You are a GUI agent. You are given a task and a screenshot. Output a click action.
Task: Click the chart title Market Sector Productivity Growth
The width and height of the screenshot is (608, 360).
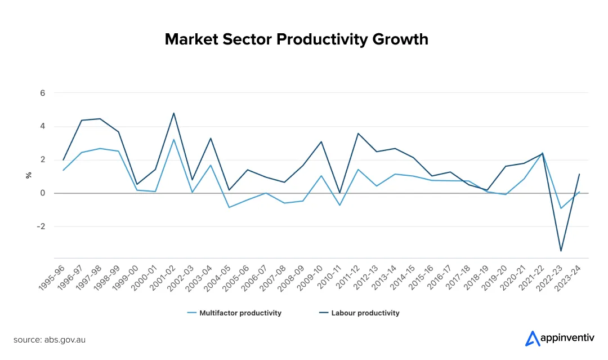[x=296, y=39]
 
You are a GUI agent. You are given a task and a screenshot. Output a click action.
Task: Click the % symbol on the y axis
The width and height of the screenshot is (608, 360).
[x=28, y=176]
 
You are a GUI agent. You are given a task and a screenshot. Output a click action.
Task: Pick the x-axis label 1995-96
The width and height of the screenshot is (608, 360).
[x=52, y=276]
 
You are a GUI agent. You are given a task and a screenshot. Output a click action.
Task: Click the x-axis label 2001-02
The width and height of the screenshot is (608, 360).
[x=163, y=276]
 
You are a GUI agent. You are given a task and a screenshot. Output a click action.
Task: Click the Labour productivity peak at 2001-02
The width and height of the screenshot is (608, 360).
[x=173, y=113]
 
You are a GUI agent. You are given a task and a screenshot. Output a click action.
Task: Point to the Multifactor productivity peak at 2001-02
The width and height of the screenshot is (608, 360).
[x=173, y=140]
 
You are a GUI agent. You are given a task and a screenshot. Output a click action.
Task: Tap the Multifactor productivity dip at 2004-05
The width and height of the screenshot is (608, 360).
[x=229, y=207]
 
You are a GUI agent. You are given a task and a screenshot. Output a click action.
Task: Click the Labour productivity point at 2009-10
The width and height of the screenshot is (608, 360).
[x=321, y=142]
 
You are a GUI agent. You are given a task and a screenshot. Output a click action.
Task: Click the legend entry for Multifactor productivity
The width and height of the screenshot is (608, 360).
[x=240, y=313]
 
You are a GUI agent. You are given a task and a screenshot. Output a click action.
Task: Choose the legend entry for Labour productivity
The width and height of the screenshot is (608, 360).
[x=365, y=313]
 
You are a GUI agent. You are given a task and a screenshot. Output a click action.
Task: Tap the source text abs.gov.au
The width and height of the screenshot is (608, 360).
[x=50, y=340]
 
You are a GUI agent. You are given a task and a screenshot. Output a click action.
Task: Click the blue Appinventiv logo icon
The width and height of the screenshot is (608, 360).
[x=532, y=338]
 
